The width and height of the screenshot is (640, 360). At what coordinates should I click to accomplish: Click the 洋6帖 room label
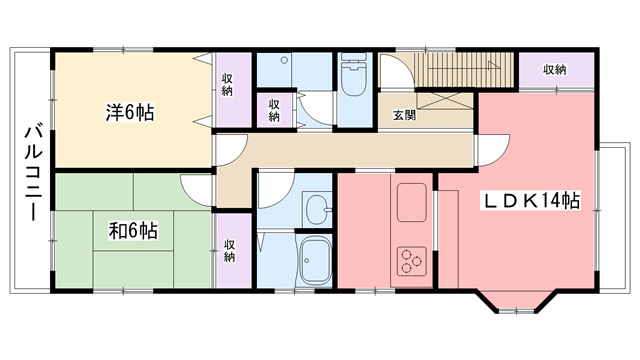point(130,113)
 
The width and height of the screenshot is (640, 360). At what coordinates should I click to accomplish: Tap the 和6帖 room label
point(133,231)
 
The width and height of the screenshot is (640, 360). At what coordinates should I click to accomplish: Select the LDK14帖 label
point(532,200)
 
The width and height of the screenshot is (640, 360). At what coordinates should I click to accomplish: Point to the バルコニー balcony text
point(33,173)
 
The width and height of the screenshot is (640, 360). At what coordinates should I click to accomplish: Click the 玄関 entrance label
point(404,115)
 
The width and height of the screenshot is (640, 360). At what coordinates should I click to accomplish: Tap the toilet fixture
point(353,74)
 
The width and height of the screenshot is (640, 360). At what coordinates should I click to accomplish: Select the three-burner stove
point(411,261)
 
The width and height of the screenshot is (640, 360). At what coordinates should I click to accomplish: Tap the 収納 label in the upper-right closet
point(555,70)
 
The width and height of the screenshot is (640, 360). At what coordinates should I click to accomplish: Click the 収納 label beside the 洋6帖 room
point(227,85)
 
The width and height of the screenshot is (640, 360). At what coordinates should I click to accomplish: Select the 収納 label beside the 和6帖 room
point(229,251)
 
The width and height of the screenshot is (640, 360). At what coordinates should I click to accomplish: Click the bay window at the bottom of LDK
point(517,302)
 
